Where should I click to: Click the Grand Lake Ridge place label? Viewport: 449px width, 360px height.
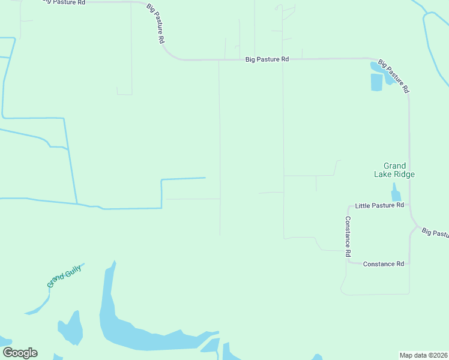point(395,170)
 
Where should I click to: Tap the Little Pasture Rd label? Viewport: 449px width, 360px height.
point(379,205)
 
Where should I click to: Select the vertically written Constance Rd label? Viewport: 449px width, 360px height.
point(348,236)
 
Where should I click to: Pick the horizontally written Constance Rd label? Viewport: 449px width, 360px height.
point(383,264)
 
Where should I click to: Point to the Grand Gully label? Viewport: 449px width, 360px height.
point(64,275)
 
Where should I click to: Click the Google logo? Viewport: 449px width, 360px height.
point(20,353)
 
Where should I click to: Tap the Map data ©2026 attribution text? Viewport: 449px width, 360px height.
point(423,355)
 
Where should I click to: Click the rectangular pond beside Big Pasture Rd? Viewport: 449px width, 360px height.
point(376,82)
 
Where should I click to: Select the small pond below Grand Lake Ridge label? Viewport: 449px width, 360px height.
point(396,193)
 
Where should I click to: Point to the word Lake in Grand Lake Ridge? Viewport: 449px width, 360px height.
point(383,175)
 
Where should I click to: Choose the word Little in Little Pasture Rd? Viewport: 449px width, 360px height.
point(363,205)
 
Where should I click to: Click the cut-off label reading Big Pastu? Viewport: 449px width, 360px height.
point(435,233)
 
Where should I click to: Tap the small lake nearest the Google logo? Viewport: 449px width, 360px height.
point(71,328)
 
